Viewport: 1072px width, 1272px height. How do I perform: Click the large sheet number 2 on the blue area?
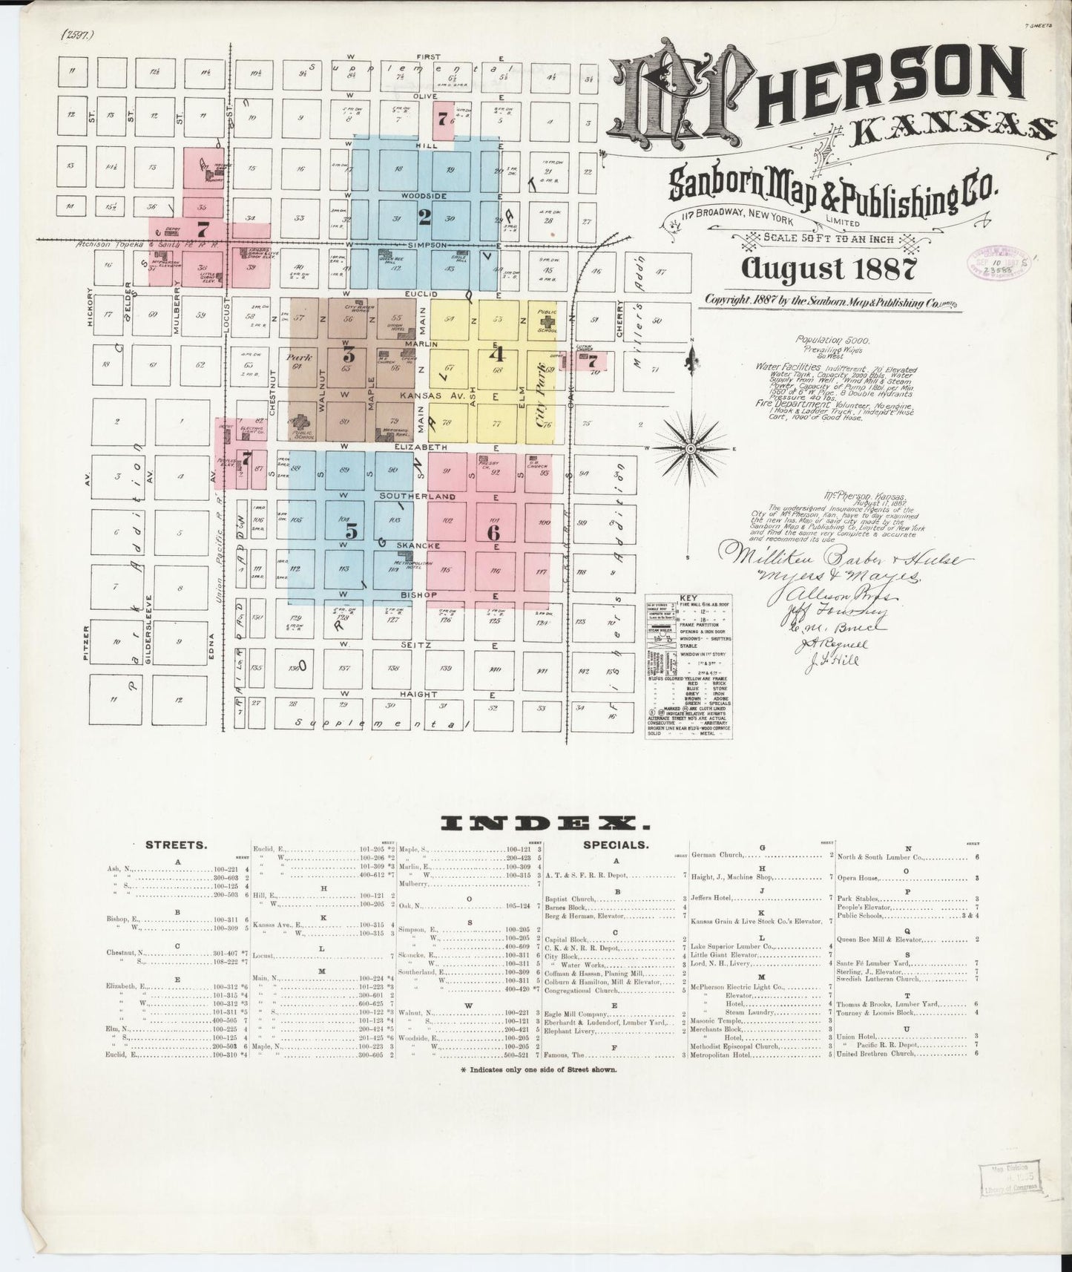[x=424, y=217]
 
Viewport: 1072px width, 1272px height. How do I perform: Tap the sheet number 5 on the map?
[x=352, y=531]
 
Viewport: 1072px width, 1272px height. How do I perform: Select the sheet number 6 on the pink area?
[x=493, y=532]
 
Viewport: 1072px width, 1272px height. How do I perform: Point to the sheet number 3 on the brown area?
[x=348, y=355]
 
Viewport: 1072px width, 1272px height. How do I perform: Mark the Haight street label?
[x=420, y=695]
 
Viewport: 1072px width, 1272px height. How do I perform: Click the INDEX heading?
[x=540, y=822]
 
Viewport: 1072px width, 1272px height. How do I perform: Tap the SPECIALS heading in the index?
[x=616, y=845]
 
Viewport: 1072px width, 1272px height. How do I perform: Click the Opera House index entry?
[x=861, y=878]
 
